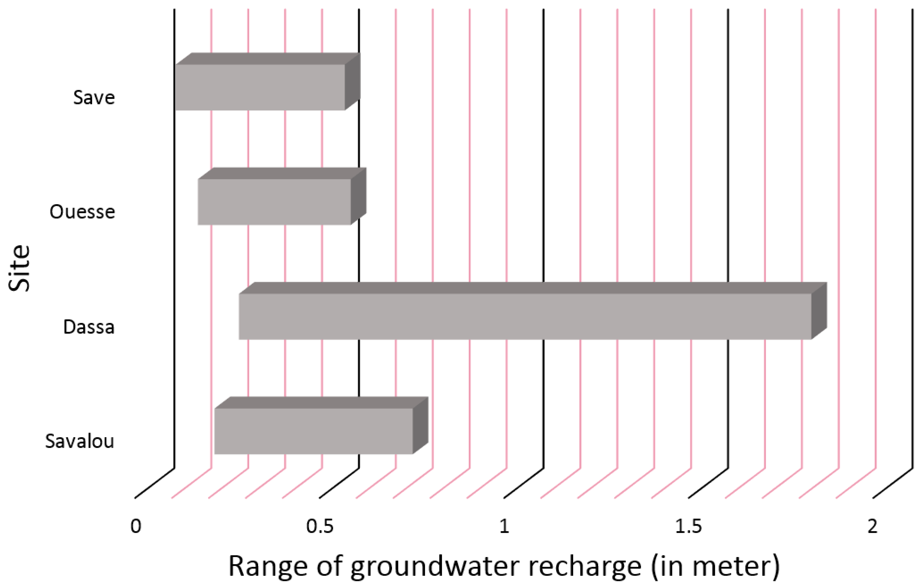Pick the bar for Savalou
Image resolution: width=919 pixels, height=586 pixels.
[x=313, y=431]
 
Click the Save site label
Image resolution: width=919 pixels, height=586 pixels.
[x=94, y=97]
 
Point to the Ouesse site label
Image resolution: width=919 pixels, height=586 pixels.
[x=82, y=212]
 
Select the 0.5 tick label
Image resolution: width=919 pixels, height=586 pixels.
[x=320, y=526]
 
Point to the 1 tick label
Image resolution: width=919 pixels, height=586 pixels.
[x=504, y=526]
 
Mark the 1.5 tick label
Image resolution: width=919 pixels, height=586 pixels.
[x=688, y=526]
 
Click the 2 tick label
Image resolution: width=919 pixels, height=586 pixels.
[x=872, y=526]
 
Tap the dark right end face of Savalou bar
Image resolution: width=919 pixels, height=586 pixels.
[x=420, y=425]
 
